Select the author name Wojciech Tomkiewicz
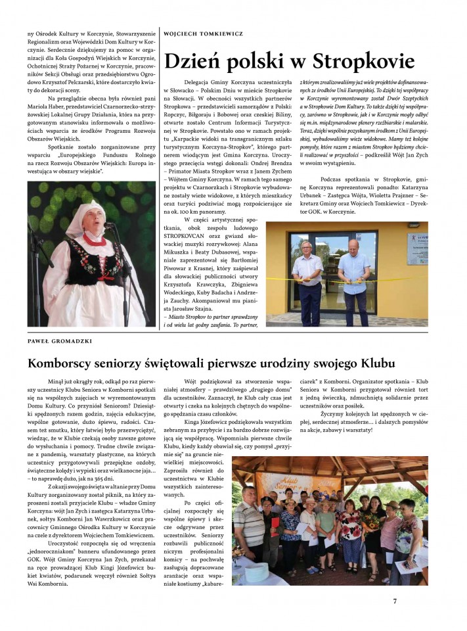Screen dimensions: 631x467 pos(203,33)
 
